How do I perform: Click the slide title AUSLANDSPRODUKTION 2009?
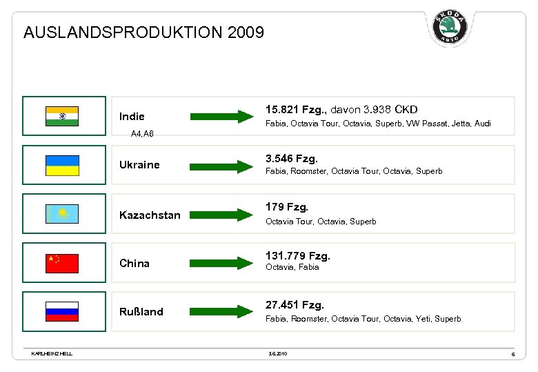143,32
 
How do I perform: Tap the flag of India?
62,116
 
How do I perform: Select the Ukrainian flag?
62,165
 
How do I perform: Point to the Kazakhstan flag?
62,214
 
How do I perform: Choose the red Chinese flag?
62,263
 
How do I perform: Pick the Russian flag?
62,311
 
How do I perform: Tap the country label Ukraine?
139,165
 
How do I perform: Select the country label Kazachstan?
150,215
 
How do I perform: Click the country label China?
134,264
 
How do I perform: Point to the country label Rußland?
141,312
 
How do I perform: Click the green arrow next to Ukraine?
221,166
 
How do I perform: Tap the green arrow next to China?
221,263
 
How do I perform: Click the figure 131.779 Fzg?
298,256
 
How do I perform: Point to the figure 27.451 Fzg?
295,304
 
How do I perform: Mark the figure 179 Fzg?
287,206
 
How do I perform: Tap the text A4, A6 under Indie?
142,133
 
